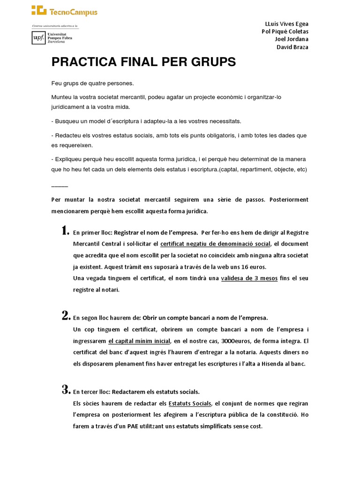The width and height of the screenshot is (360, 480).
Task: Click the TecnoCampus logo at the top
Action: pos(65,11)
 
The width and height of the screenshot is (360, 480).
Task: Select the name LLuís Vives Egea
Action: pos(286,24)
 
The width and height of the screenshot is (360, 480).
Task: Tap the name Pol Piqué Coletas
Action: pos(285,31)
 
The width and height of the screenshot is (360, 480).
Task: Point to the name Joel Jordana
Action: pos(292,39)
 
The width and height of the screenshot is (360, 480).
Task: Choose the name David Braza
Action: pos(292,47)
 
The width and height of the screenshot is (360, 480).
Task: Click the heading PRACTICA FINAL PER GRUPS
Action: pos(143,62)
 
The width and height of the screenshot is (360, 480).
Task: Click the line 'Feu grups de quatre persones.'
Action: pos(92,83)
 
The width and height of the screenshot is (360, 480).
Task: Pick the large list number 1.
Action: pos(65,230)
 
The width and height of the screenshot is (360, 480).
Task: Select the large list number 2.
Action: pos(66,315)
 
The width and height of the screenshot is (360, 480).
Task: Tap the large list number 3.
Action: pos(66,390)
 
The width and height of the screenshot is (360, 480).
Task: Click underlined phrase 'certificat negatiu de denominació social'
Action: pos(215,244)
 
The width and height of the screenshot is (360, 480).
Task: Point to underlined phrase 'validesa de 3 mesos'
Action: pos(249,278)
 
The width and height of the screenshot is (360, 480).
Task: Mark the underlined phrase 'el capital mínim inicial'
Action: pos(139,341)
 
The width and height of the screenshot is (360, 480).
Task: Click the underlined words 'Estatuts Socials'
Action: pos(190,403)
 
